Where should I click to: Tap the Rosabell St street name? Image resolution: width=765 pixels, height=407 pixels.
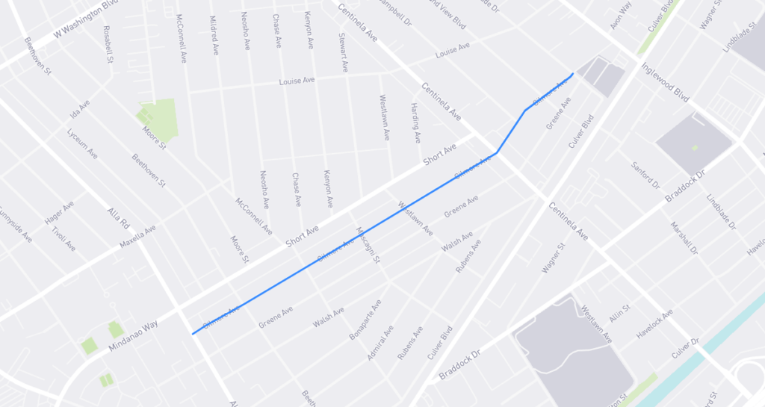click(x=108, y=44)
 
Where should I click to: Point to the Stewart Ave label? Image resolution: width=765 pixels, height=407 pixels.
click(x=344, y=52)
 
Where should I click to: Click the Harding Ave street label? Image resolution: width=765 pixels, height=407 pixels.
click(x=415, y=122)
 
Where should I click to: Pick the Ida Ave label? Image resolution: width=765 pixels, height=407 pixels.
click(x=79, y=111)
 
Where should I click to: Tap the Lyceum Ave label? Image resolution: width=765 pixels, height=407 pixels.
click(x=81, y=143)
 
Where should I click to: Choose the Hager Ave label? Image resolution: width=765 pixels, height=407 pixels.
click(x=59, y=211)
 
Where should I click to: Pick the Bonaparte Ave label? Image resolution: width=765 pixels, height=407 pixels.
click(x=365, y=320)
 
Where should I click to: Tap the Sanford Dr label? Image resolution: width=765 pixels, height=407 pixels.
click(x=645, y=174)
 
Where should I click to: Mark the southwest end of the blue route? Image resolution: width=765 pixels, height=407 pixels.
click(x=193, y=334)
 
